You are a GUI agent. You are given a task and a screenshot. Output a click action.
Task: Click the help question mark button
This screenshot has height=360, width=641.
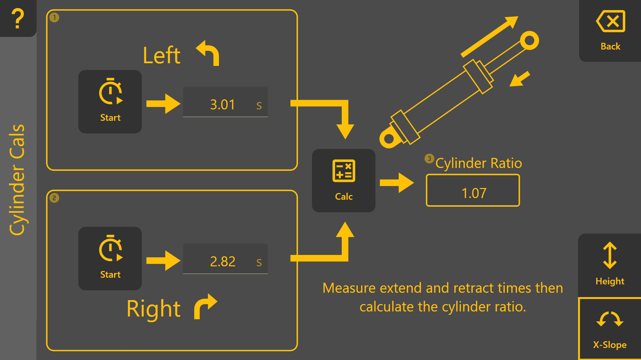(x=18, y=18)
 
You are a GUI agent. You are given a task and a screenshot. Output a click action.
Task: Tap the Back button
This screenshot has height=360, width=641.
(x=610, y=31)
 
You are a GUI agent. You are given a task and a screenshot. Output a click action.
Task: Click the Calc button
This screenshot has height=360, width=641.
(x=343, y=181)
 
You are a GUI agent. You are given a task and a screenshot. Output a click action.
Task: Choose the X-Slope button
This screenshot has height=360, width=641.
(x=610, y=329)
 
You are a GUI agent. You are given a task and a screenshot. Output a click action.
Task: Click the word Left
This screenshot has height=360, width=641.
(x=162, y=56)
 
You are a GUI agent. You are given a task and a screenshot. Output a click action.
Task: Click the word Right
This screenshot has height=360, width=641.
(x=154, y=309)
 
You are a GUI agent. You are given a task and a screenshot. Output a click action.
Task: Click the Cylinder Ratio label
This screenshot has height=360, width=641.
(x=479, y=163)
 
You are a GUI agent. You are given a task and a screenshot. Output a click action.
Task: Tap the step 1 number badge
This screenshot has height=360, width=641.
(x=54, y=17)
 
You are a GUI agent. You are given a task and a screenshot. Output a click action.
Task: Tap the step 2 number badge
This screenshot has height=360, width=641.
(x=54, y=198)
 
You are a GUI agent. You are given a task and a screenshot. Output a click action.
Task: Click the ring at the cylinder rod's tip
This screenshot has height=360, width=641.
(x=529, y=41)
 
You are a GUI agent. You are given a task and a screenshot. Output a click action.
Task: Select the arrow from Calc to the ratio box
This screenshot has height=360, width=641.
(x=397, y=183)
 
